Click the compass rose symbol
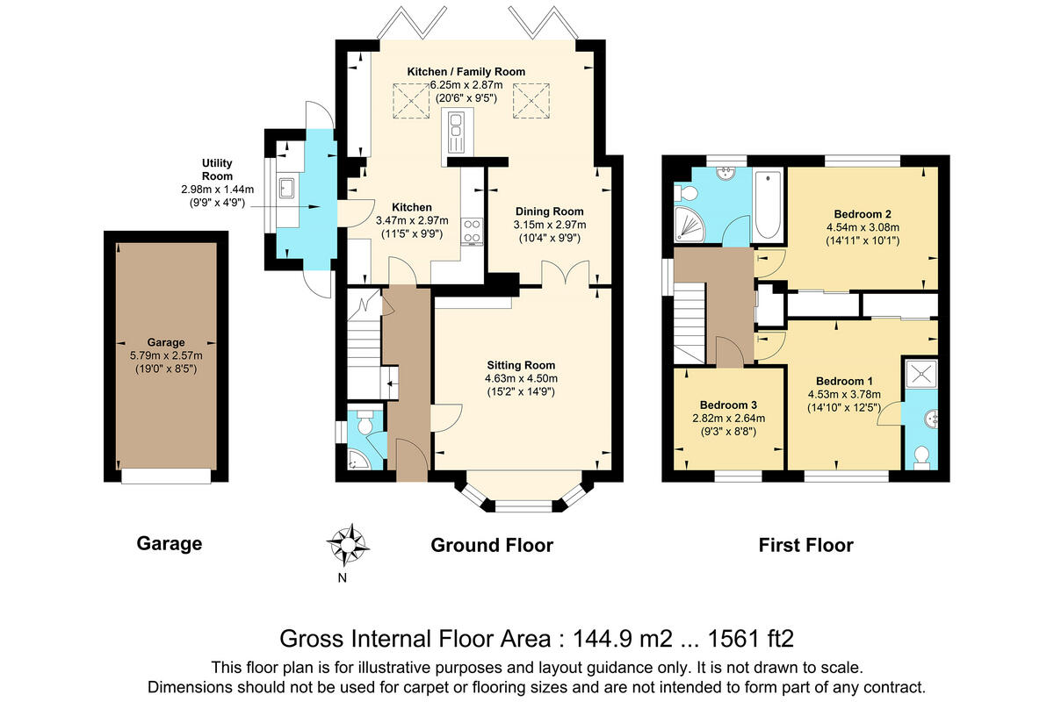click(x=348, y=544)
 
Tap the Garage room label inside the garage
click(x=166, y=342)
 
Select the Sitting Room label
click(x=521, y=365)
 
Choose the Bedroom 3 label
click(x=728, y=405)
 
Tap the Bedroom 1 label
click(x=844, y=381)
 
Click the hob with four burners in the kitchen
click(x=472, y=230)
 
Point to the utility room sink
click(x=286, y=187)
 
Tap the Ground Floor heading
click(x=491, y=546)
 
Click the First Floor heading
click(x=805, y=546)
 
